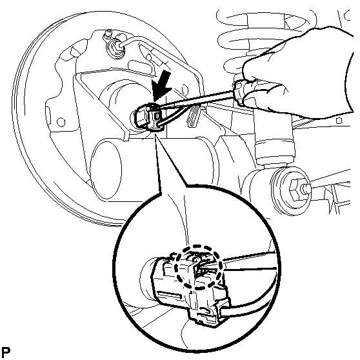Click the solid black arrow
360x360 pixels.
coord(163,88)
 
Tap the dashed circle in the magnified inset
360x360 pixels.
coord(198,267)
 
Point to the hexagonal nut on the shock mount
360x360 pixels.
coord(295,190)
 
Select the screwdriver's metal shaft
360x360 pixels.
coord(195,99)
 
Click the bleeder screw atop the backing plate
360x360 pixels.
coord(107,34)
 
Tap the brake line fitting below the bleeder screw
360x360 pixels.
coord(115,46)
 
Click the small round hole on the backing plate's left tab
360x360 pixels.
coord(61,122)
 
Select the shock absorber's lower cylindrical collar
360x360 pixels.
coord(275,152)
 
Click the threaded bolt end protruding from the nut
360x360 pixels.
coord(306,187)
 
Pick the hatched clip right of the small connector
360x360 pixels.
coord(194,116)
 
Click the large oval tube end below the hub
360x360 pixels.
coord(106,169)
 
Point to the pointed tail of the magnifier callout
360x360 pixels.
coord(155,135)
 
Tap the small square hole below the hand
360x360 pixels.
coord(339,120)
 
